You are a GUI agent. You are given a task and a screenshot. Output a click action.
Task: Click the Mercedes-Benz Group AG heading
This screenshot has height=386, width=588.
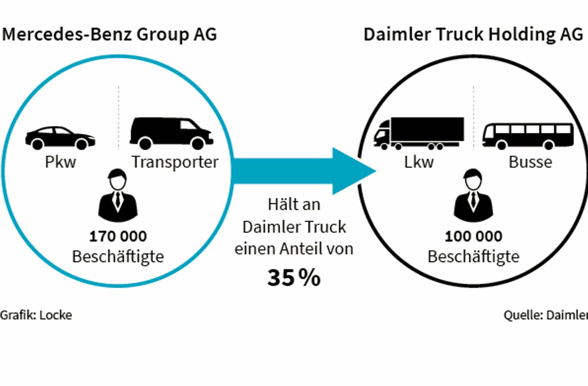pos(109,34)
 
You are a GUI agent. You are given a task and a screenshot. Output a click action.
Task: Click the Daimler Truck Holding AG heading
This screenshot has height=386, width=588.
pos(473,34)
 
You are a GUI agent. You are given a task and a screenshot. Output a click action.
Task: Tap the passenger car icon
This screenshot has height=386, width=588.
pos(60,138)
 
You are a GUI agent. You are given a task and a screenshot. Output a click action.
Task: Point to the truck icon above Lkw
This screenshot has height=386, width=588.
pos(419,133)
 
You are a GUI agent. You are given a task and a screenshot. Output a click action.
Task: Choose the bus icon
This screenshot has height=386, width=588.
pos(528,136)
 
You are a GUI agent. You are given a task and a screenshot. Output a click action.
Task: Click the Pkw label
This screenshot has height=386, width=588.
pos(60,162)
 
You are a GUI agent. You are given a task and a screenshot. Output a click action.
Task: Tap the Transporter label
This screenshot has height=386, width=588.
pos(175,163)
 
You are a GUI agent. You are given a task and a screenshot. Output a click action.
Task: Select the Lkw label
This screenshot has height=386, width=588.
pos(419,162)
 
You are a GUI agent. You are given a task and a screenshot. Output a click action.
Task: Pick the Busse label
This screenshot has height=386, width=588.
pos(530,162)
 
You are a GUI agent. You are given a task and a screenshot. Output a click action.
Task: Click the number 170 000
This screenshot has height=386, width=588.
pos(118,236)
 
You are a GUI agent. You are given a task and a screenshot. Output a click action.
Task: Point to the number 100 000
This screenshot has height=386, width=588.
pos(473,236)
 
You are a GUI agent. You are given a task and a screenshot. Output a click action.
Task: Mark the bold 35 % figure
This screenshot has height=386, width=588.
pos(294,278)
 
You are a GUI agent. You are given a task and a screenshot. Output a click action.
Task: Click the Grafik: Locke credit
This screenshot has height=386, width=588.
pos(36,315)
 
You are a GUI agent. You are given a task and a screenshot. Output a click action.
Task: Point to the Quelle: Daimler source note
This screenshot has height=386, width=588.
pos(546,315)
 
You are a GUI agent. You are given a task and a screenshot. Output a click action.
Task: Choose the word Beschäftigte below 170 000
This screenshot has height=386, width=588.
pos(118,257)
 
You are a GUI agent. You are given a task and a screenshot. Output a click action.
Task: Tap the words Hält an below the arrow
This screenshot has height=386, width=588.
pos(294,204)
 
